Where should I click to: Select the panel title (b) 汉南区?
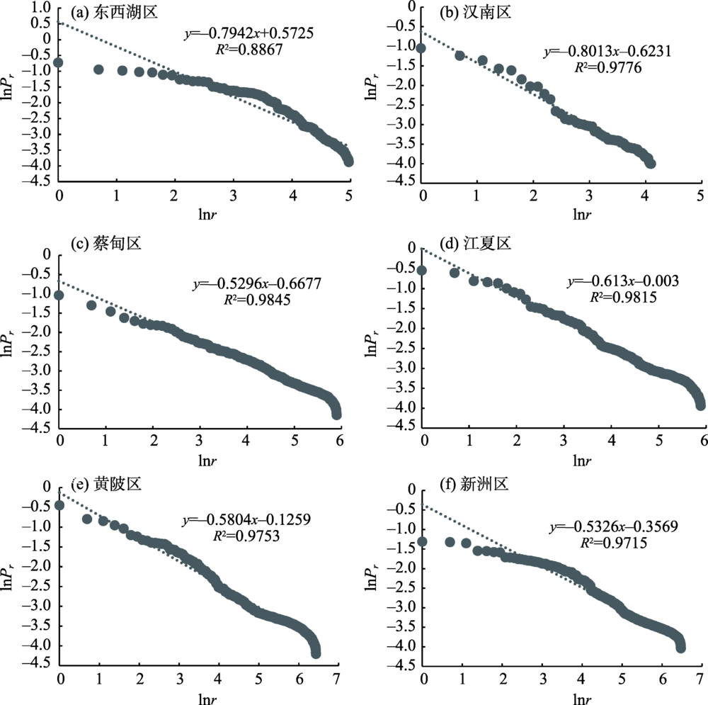tap(469, 12)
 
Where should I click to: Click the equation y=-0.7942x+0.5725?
tap(249, 33)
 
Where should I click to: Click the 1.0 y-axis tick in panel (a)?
tap(42, 7)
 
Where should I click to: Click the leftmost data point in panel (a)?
tap(59, 63)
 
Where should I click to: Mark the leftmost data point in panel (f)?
tap(423, 541)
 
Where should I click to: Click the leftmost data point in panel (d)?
tap(423, 270)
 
